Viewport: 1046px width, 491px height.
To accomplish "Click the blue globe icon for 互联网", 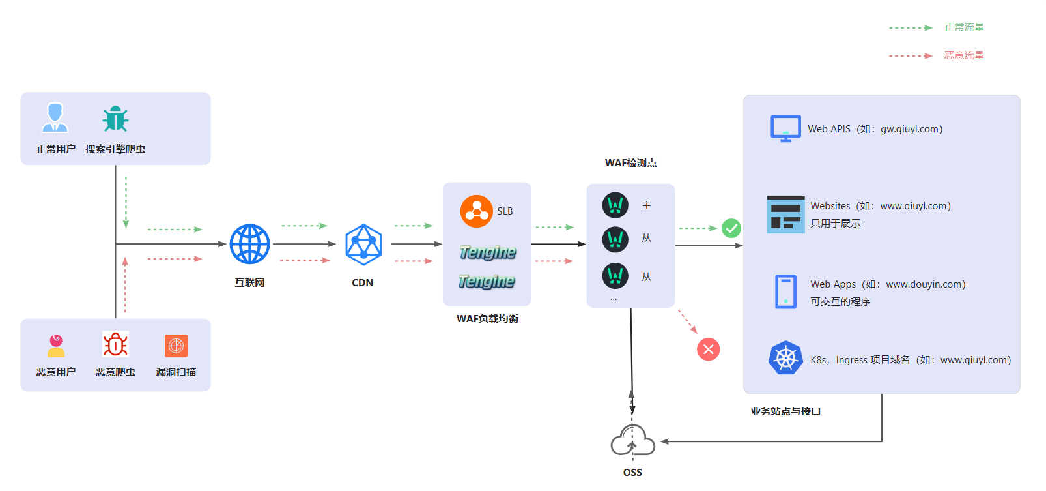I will tap(249, 244).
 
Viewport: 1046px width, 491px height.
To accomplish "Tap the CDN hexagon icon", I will tap(363, 245).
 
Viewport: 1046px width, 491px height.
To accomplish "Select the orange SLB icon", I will tap(476, 211).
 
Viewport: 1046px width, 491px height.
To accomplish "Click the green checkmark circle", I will tap(731, 228).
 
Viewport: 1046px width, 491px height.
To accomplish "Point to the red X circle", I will tap(709, 350).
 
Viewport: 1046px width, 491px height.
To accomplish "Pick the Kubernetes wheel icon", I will tap(785, 358).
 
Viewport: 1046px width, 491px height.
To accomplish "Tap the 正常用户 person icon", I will tap(55, 118).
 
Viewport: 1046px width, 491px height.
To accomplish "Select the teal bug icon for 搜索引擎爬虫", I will tap(115, 119).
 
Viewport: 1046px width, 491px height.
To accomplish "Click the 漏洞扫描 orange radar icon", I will tap(176, 346).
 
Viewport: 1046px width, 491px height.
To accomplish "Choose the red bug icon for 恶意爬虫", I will tap(115, 344).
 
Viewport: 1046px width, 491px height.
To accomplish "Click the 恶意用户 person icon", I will tap(56, 346).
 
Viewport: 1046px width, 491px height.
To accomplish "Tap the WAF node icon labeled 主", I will tap(615, 205).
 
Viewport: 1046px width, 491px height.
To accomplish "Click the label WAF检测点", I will tap(630, 163).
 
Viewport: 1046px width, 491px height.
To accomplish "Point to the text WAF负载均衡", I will tap(487, 319).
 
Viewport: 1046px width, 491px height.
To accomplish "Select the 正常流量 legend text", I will tap(964, 27).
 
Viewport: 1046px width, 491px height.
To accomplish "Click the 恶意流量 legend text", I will tap(964, 55).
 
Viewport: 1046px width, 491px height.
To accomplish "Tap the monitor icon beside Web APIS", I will tap(785, 128).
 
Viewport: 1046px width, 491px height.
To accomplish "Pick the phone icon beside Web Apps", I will tap(785, 291).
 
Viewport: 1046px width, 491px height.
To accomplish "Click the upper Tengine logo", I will tap(488, 252).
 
